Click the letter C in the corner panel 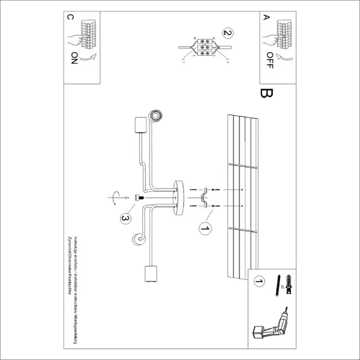71,18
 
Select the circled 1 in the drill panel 259,281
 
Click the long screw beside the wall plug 278,286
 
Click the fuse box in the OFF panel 281,31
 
